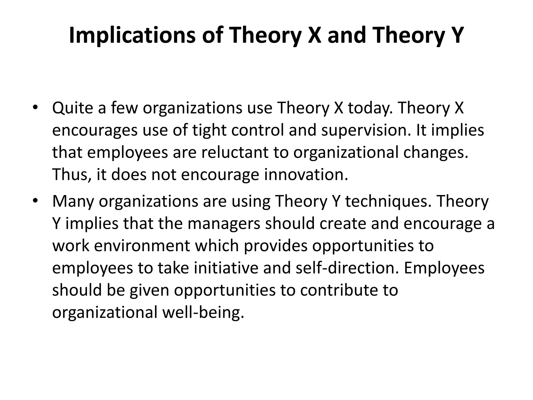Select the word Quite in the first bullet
[x=73, y=108]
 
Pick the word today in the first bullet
[x=370, y=108]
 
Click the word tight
[x=209, y=130]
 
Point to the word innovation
[x=306, y=174]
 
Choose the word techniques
[x=387, y=201]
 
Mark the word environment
[x=142, y=246]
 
